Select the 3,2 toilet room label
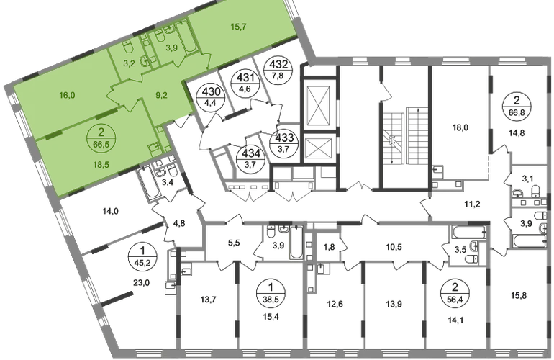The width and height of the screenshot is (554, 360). tap(130, 63)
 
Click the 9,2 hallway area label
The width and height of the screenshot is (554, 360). tap(162, 93)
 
